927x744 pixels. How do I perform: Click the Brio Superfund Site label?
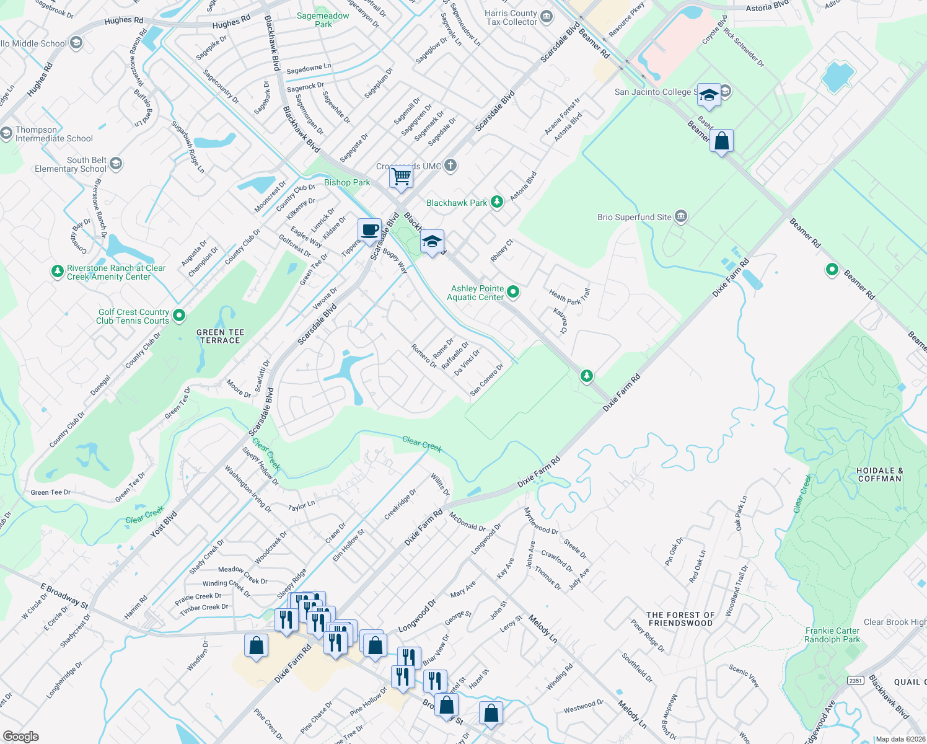coord(634,217)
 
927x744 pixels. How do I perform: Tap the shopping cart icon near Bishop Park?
coord(401,177)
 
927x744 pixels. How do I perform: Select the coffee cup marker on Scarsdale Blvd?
coord(370,230)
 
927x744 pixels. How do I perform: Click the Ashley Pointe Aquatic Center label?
coord(477,293)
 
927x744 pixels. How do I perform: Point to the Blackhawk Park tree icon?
coord(497,202)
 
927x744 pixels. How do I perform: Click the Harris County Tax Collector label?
coord(511,17)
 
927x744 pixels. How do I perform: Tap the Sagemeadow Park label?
coord(323,20)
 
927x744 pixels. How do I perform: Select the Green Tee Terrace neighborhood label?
coord(220,336)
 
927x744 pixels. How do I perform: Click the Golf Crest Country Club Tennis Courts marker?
coord(179,316)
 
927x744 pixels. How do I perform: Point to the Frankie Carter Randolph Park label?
coord(832,635)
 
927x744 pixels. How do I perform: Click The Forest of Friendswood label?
coord(680,619)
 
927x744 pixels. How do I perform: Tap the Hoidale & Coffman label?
coord(879,474)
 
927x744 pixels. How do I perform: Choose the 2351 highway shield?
coord(855,680)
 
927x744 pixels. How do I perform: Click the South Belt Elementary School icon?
coord(116,164)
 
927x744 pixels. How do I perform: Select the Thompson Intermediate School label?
coord(54,134)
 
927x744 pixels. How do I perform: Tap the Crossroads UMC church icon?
coord(450,166)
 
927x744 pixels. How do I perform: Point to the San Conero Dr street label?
coord(486,379)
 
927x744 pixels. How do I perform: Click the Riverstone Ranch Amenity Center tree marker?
coord(57,272)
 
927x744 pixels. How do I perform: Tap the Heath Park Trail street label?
coord(569,296)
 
